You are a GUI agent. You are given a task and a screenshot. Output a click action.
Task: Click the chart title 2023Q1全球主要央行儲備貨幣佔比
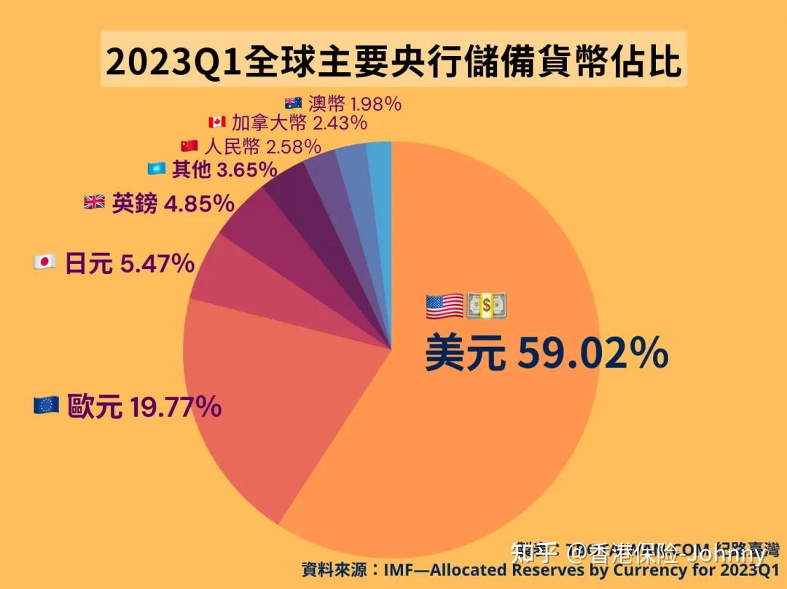pyautogui.click(x=393, y=60)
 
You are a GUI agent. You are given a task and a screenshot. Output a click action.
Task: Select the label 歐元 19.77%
pyautogui.click(x=144, y=407)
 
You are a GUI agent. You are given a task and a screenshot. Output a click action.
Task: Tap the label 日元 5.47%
pyautogui.click(x=129, y=262)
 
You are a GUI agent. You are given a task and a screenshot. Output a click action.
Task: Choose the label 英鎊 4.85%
pyautogui.click(x=172, y=203)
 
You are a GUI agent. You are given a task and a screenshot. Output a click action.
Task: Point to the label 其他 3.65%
pyautogui.click(x=224, y=170)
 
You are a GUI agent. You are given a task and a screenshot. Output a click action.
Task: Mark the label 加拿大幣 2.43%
pyautogui.click(x=299, y=122)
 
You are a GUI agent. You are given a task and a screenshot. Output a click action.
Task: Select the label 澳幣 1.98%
pyautogui.click(x=354, y=104)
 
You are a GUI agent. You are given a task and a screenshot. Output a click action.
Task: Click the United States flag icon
pyautogui.click(x=445, y=306)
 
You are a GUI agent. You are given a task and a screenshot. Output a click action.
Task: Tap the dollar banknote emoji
pyautogui.click(x=486, y=306)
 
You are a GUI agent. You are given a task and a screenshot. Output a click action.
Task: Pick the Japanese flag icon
pyautogui.click(x=45, y=262)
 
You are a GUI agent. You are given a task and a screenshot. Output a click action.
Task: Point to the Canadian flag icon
pyautogui.click(x=216, y=122)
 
